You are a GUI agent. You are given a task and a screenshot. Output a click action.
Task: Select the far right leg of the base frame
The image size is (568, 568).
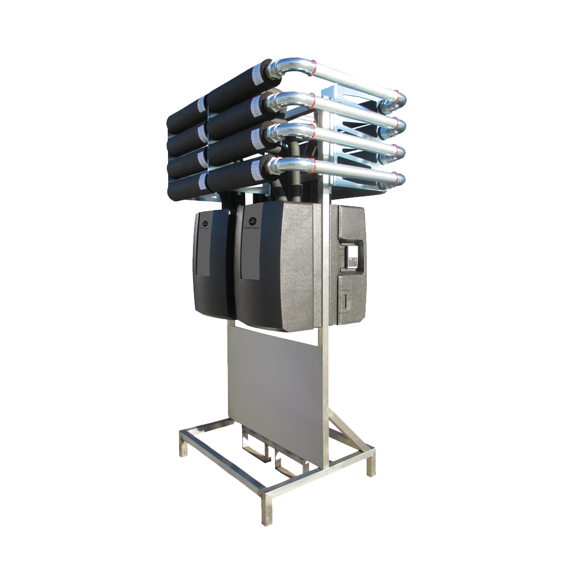tap(371, 463)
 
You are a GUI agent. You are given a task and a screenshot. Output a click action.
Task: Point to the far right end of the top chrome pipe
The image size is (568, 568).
tap(400, 100)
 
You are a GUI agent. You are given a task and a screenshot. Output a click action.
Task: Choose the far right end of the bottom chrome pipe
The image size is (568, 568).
tap(399, 179)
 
